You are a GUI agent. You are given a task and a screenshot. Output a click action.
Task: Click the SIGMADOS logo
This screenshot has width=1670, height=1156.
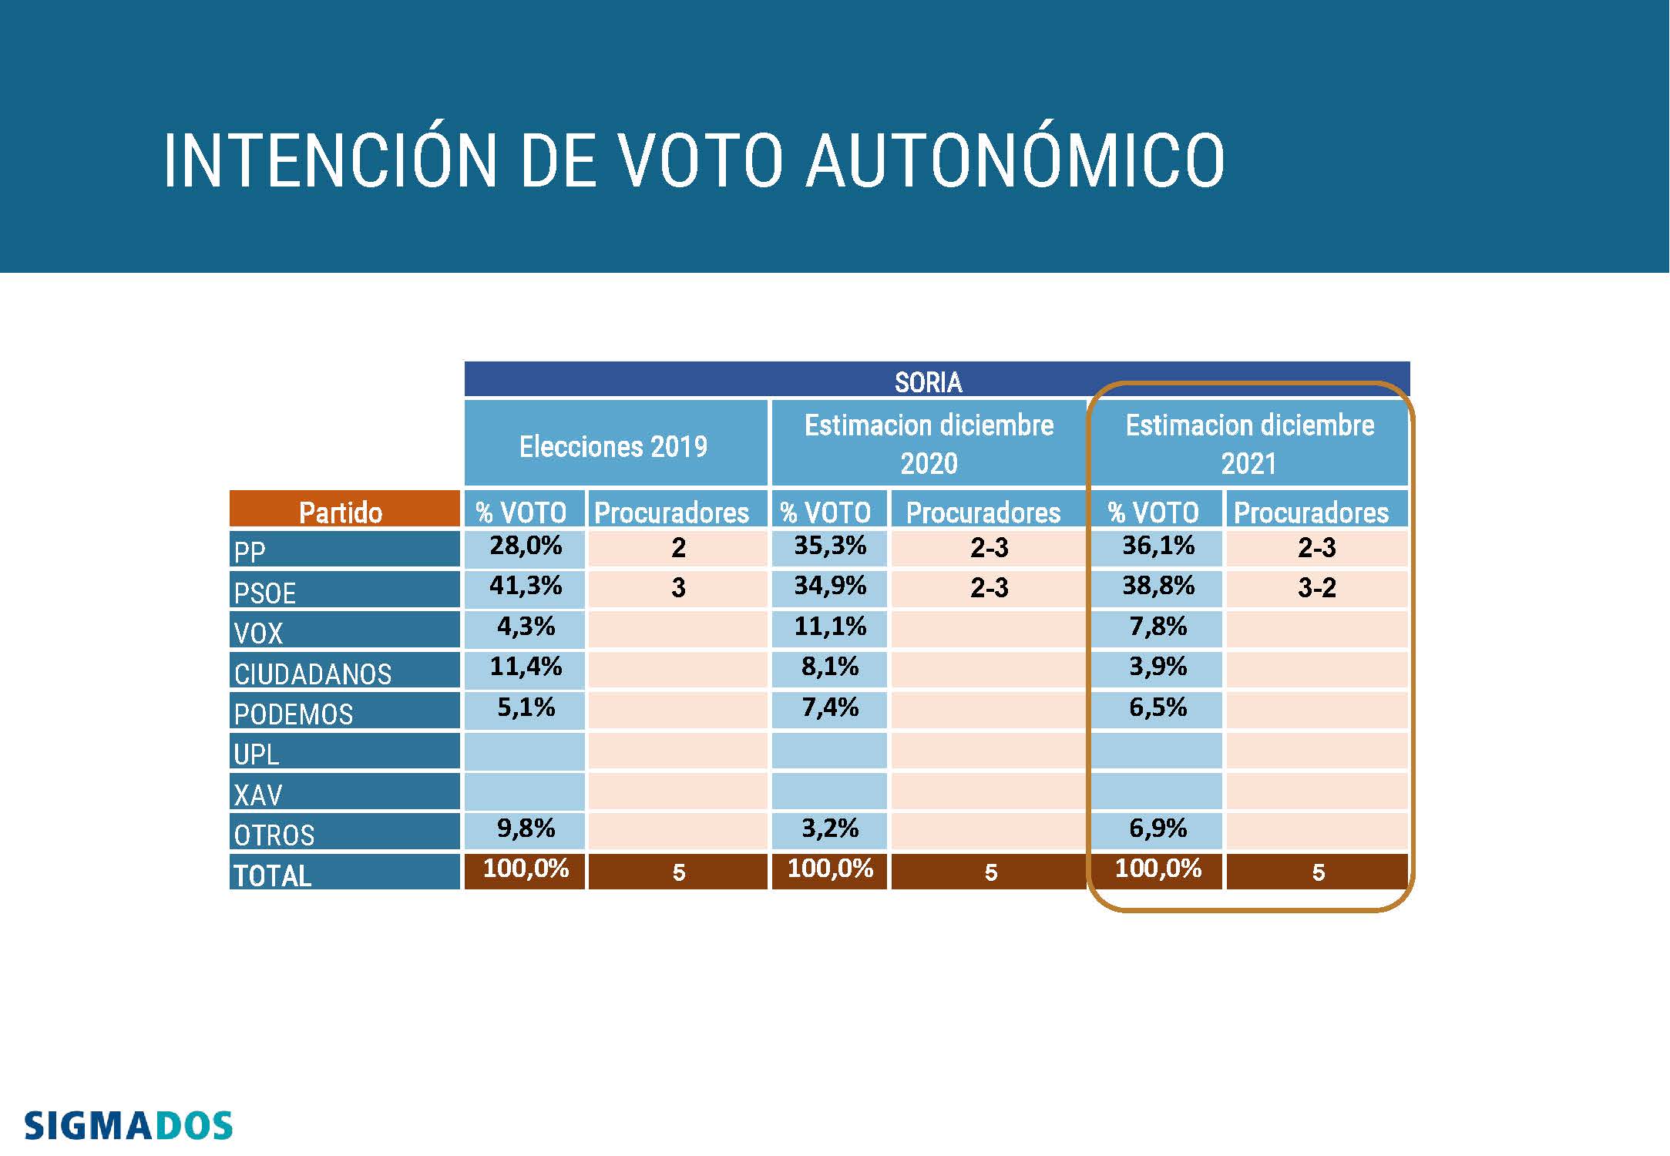pyautogui.click(x=128, y=1126)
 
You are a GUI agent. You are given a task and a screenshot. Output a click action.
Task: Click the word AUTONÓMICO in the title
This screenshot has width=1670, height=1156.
pyautogui.click(x=1015, y=161)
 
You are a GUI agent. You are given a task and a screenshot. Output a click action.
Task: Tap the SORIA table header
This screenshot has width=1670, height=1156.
pyautogui.click(x=928, y=381)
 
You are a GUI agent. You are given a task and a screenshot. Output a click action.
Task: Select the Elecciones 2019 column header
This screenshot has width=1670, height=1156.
pyautogui.click(x=613, y=446)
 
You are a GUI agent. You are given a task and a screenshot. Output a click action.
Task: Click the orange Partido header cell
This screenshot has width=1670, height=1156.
pyautogui.click(x=341, y=512)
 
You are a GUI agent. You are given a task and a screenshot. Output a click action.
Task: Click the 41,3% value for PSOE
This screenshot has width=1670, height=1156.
pyautogui.click(x=526, y=586)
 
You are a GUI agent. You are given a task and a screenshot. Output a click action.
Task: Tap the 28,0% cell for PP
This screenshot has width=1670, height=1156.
pyautogui.click(x=526, y=546)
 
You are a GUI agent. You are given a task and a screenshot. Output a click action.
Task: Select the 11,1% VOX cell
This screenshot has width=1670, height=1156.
pyautogui.click(x=830, y=627)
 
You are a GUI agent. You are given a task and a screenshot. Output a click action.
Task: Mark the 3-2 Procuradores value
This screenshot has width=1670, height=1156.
pyautogui.click(x=1316, y=587)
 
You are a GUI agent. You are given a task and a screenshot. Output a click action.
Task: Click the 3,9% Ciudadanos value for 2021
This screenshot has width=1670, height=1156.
pyautogui.click(x=1158, y=667)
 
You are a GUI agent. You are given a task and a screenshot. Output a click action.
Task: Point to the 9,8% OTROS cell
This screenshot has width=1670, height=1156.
pyautogui.click(x=526, y=828)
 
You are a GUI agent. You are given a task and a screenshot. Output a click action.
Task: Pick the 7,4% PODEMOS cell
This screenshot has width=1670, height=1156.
pyautogui.click(x=830, y=707)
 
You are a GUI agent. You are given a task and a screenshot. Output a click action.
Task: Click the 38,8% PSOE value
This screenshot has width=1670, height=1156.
pyautogui.click(x=1158, y=586)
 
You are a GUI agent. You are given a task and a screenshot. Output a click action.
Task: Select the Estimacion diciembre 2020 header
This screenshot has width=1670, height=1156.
pyautogui.click(x=929, y=444)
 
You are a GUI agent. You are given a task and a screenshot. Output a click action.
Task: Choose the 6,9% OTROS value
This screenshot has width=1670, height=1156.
pyautogui.click(x=1158, y=828)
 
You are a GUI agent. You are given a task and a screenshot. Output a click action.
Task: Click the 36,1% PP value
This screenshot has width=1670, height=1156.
pyautogui.click(x=1158, y=546)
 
